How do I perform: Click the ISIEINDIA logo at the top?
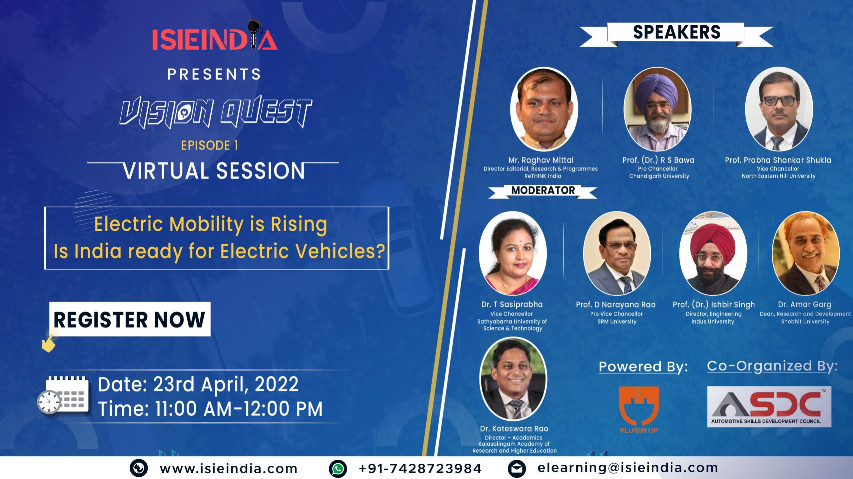[215, 36]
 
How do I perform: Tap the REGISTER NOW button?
[130, 319]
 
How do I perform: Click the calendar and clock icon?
[63, 395]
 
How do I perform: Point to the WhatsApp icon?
[338, 469]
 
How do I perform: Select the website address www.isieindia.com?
[228, 469]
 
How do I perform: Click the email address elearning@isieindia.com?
[628, 468]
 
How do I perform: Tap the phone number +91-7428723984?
[420, 469]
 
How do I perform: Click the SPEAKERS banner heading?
[676, 33]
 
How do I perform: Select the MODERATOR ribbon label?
[543, 191]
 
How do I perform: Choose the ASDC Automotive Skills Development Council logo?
[769, 406]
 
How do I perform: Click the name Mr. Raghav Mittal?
[541, 160]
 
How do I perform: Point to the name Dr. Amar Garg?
[804, 304]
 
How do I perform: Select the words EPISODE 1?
[209, 145]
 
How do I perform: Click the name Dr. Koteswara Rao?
[514, 429]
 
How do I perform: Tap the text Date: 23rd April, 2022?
[198, 384]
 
